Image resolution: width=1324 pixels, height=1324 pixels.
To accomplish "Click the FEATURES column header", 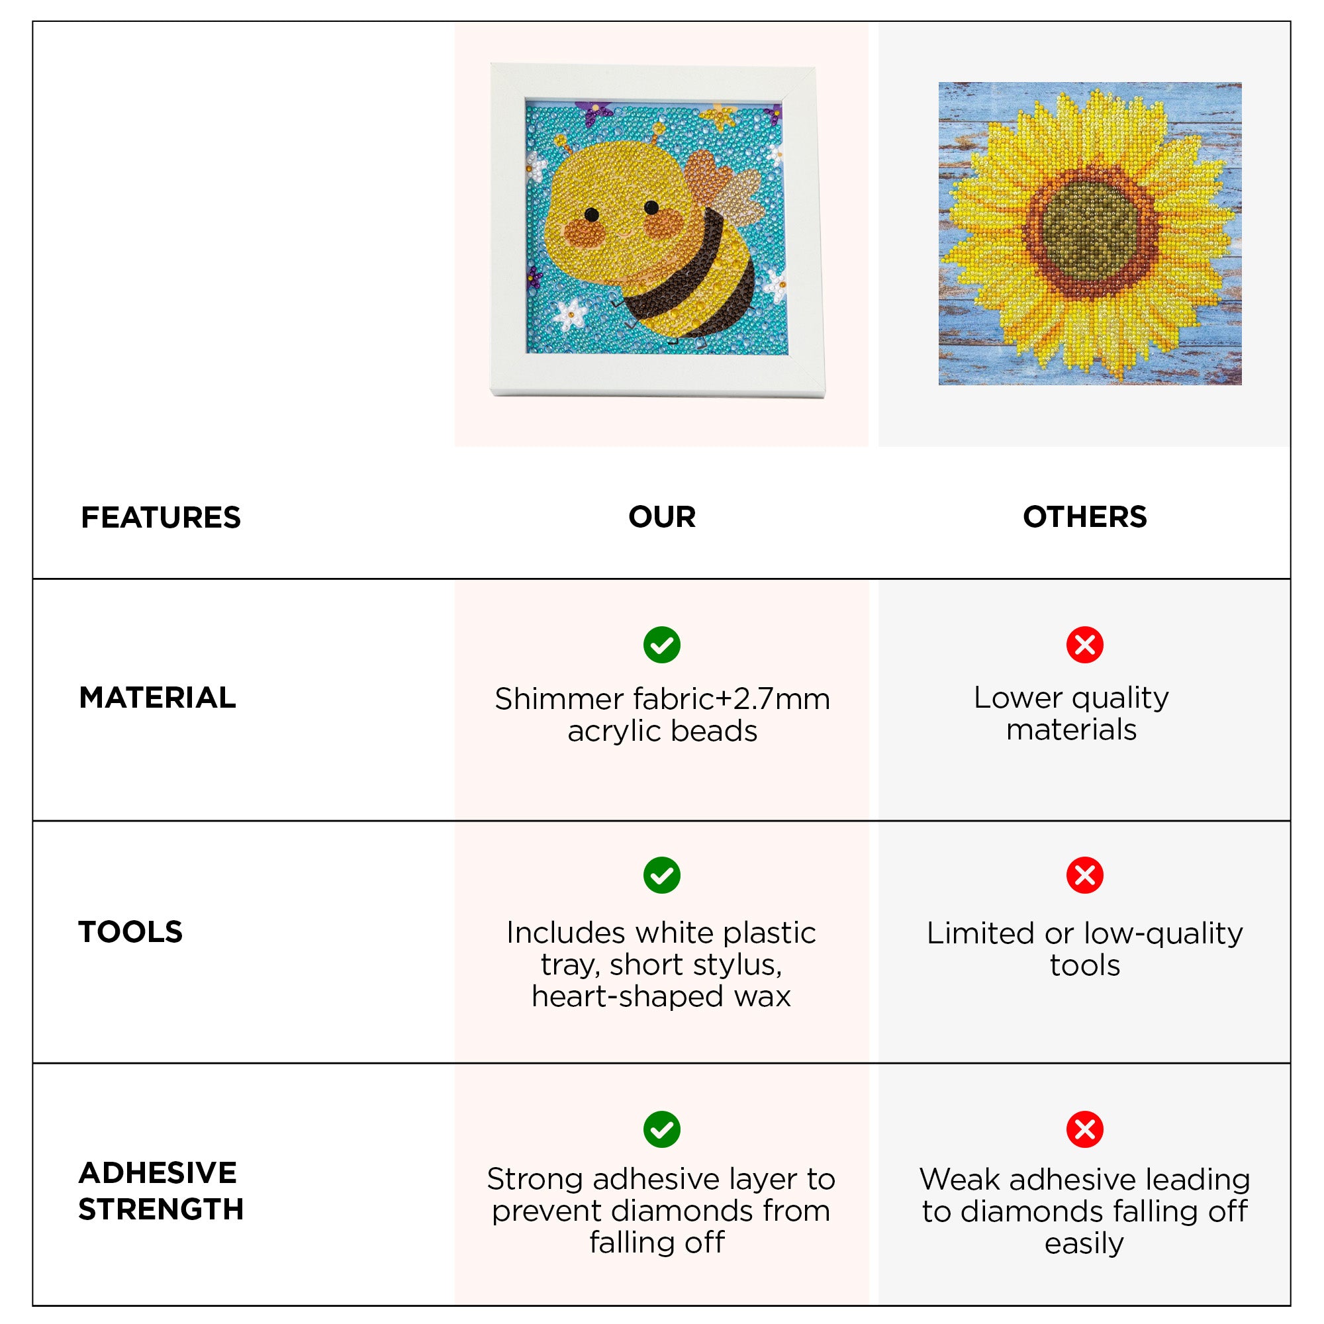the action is [161, 518].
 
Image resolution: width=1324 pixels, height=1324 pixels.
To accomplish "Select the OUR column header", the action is [662, 517].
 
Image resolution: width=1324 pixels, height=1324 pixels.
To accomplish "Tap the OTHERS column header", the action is [1085, 517].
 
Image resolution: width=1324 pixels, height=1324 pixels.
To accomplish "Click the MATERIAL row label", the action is [158, 698].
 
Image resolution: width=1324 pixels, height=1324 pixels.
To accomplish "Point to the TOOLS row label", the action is [131, 932].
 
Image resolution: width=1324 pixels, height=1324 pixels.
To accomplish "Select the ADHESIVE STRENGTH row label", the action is [161, 1191].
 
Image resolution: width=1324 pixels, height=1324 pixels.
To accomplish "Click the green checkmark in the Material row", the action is [662, 645].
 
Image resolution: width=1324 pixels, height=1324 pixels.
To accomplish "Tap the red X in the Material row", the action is [1085, 645].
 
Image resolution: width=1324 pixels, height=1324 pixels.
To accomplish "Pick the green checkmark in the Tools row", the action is [662, 875].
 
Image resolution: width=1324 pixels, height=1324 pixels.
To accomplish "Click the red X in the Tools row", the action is [1085, 875].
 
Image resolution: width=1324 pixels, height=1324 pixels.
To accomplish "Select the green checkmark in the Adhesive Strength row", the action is [662, 1129].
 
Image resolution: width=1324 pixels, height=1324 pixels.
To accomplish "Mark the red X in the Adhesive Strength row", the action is [1085, 1129].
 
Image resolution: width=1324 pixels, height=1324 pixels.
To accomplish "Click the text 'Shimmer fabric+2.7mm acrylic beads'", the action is [662, 715].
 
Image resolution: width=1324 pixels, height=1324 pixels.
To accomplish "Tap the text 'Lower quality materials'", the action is [1071, 714].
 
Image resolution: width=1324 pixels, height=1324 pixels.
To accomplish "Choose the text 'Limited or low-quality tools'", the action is [1085, 949].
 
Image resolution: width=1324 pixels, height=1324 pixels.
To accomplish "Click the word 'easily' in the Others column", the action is [1084, 1243].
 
